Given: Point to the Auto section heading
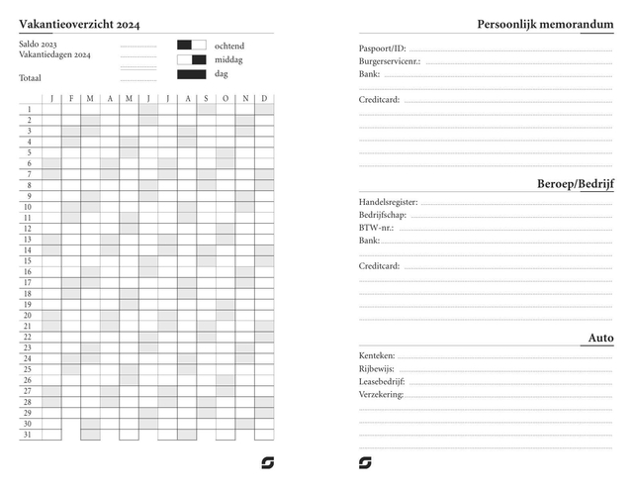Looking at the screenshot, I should click(x=600, y=339).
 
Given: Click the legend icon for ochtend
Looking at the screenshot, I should click(x=192, y=46).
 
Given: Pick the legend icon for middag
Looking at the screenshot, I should click(x=192, y=59).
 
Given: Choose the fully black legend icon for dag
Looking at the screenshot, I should click(x=192, y=74).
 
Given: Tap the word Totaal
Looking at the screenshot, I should click(x=31, y=77).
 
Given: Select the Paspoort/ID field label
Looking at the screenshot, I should click(x=382, y=49).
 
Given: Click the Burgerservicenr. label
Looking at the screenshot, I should click(x=389, y=61).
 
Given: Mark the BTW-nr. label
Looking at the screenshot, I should click(x=376, y=228).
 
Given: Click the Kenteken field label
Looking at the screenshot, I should click(x=377, y=355).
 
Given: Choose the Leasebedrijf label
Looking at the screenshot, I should click(x=382, y=381).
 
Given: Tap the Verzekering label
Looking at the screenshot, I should click(x=381, y=394).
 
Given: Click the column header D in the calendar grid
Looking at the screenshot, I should click(x=264, y=99).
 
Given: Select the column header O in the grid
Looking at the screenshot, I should click(x=226, y=99).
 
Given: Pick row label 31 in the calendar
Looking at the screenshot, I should click(x=29, y=435).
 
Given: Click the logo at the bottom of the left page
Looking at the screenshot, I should click(x=267, y=462).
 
